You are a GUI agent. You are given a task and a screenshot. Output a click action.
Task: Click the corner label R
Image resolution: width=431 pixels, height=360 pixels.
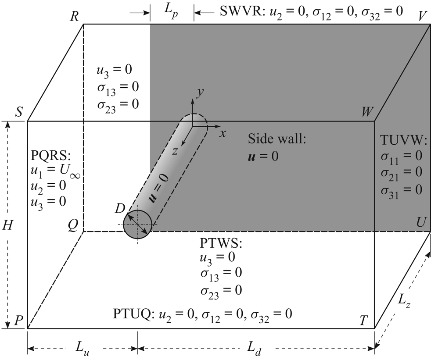[74, 17]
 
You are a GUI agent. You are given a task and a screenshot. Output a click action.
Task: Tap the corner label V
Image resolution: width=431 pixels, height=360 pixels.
[423, 15]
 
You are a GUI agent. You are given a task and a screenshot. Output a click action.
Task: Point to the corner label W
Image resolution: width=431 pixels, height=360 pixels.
[367, 112]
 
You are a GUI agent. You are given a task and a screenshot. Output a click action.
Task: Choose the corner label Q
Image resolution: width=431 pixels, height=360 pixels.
[73, 225]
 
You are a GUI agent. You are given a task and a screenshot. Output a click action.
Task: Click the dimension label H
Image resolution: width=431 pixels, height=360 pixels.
[7, 225]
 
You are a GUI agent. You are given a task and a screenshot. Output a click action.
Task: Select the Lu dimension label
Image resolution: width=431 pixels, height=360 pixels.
[82, 349]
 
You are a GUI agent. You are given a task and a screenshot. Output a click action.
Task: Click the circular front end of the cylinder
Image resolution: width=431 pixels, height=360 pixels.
[137, 225]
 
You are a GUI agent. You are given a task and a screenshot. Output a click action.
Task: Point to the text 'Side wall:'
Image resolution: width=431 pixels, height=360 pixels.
[276, 139]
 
